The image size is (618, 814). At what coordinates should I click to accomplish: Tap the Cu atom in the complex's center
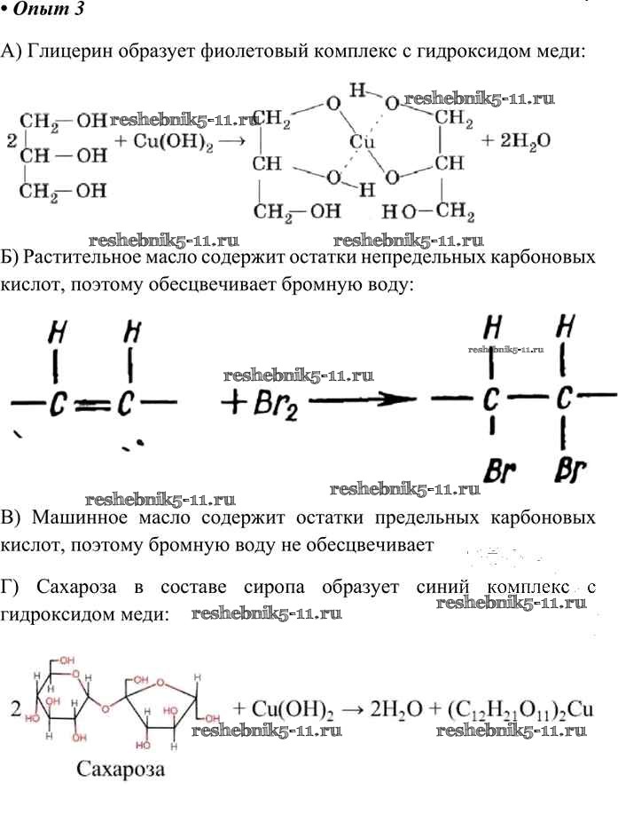pyautogui.click(x=361, y=141)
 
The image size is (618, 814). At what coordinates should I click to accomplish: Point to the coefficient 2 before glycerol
pyautogui.click(x=11, y=140)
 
